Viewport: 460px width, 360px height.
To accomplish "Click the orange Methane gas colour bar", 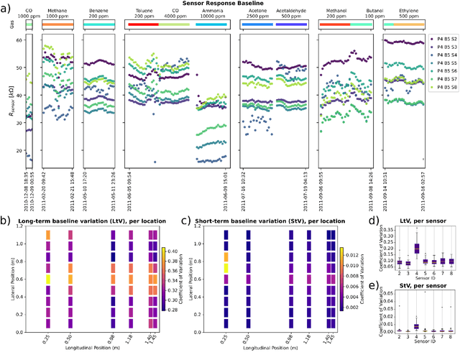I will (57, 24).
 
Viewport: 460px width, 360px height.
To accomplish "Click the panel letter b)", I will (5, 220).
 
